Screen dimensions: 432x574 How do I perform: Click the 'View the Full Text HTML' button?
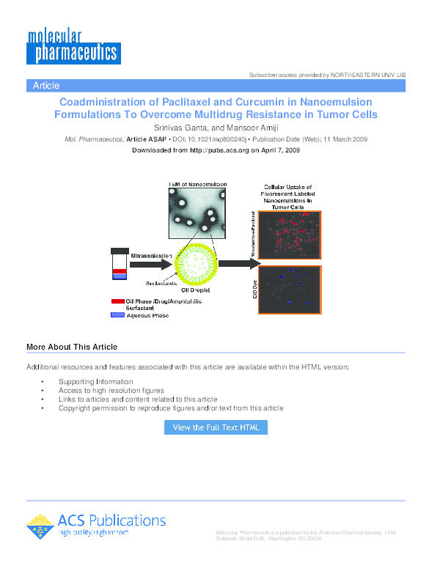point(216,427)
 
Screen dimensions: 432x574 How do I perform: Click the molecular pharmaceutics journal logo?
point(73,46)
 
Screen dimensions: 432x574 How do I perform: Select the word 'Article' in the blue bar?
point(46,86)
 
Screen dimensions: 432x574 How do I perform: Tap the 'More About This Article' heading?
point(71,347)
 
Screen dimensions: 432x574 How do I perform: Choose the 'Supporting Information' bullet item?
point(96,381)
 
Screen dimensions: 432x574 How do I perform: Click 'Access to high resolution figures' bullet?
point(111,391)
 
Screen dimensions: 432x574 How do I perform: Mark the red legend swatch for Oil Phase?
point(117,301)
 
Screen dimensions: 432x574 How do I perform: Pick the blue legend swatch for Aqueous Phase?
point(117,315)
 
